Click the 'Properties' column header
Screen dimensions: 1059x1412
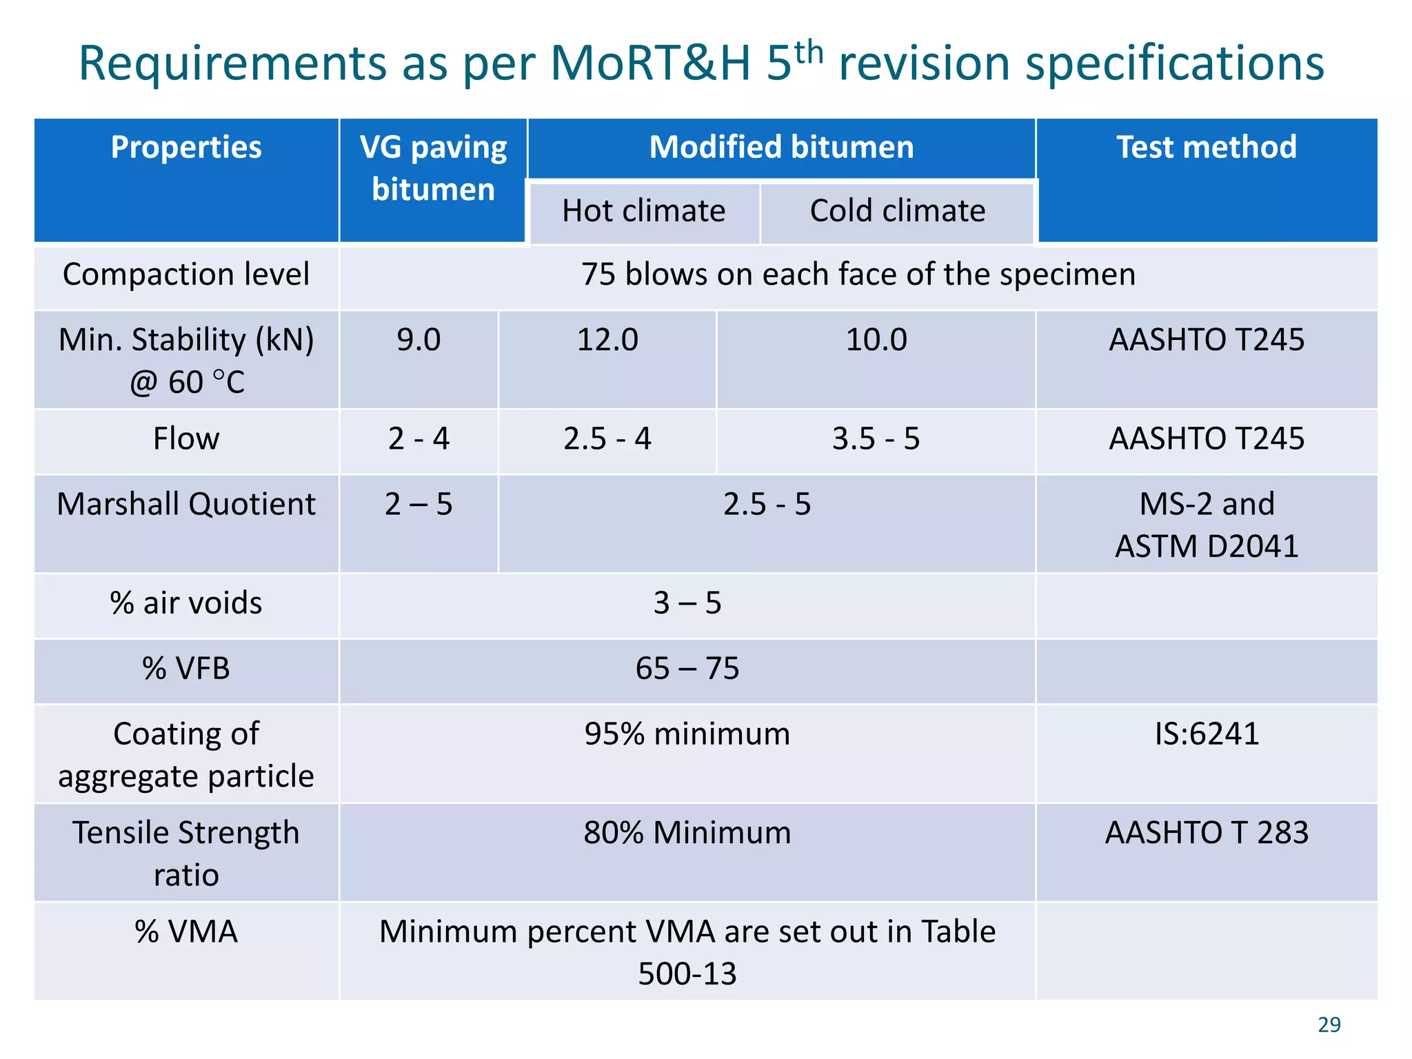click(186, 148)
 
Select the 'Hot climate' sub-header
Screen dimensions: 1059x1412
click(643, 211)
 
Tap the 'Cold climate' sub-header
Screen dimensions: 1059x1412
click(897, 211)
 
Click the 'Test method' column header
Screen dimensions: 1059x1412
click(1206, 148)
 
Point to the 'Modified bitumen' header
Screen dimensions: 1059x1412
click(781, 148)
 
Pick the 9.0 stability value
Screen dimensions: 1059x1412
click(418, 340)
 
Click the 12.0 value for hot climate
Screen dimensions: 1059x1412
click(607, 340)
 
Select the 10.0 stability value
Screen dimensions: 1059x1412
click(876, 340)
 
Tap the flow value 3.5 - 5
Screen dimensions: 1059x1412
click(876, 439)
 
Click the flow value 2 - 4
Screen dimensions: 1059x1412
click(418, 439)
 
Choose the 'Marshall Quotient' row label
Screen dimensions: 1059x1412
click(186, 504)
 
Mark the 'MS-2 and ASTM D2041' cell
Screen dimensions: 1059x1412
click(1206, 525)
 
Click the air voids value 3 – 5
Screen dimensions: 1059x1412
click(687, 603)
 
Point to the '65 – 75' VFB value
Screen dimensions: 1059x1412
click(687, 669)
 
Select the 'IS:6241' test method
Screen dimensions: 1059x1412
click(1206, 734)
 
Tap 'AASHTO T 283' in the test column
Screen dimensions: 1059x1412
click(1206, 833)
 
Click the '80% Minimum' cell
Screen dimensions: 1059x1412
click(687, 833)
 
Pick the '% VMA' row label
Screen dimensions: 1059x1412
click(186, 932)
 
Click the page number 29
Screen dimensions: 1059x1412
click(1329, 1025)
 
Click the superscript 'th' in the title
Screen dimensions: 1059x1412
click(808, 52)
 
